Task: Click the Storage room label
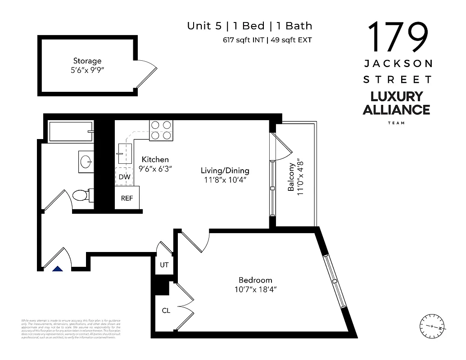click(x=87, y=61)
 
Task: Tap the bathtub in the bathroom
click(x=70, y=131)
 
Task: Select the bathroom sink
click(x=85, y=160)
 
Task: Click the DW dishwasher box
click(x=125, y=177)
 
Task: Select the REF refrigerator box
click(x=127, y=198)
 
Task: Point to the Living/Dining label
click(x=225, y=171)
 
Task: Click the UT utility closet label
click(x=164, y=265)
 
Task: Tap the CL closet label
click(x=166, y=310)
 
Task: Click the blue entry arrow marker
click(x=57, y=269)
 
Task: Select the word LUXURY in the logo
click(x=396, y=96)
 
